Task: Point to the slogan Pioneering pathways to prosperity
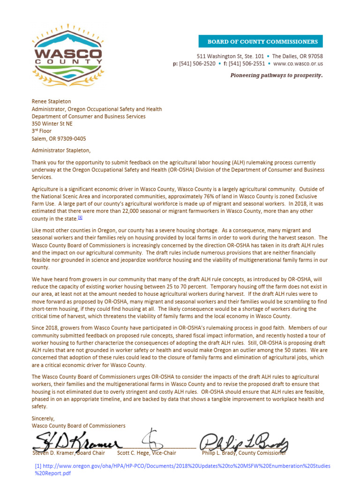tap(276, 75)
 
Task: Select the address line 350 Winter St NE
tap(52, 124)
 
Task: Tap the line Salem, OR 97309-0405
tap(59, 139)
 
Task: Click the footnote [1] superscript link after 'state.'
tap(80, 217)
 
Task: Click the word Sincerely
tap(43, 418)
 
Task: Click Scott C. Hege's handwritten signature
tap(154, 439)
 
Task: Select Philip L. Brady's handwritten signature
tap(244, 442)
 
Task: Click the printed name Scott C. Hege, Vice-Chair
tap(147, 453)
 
